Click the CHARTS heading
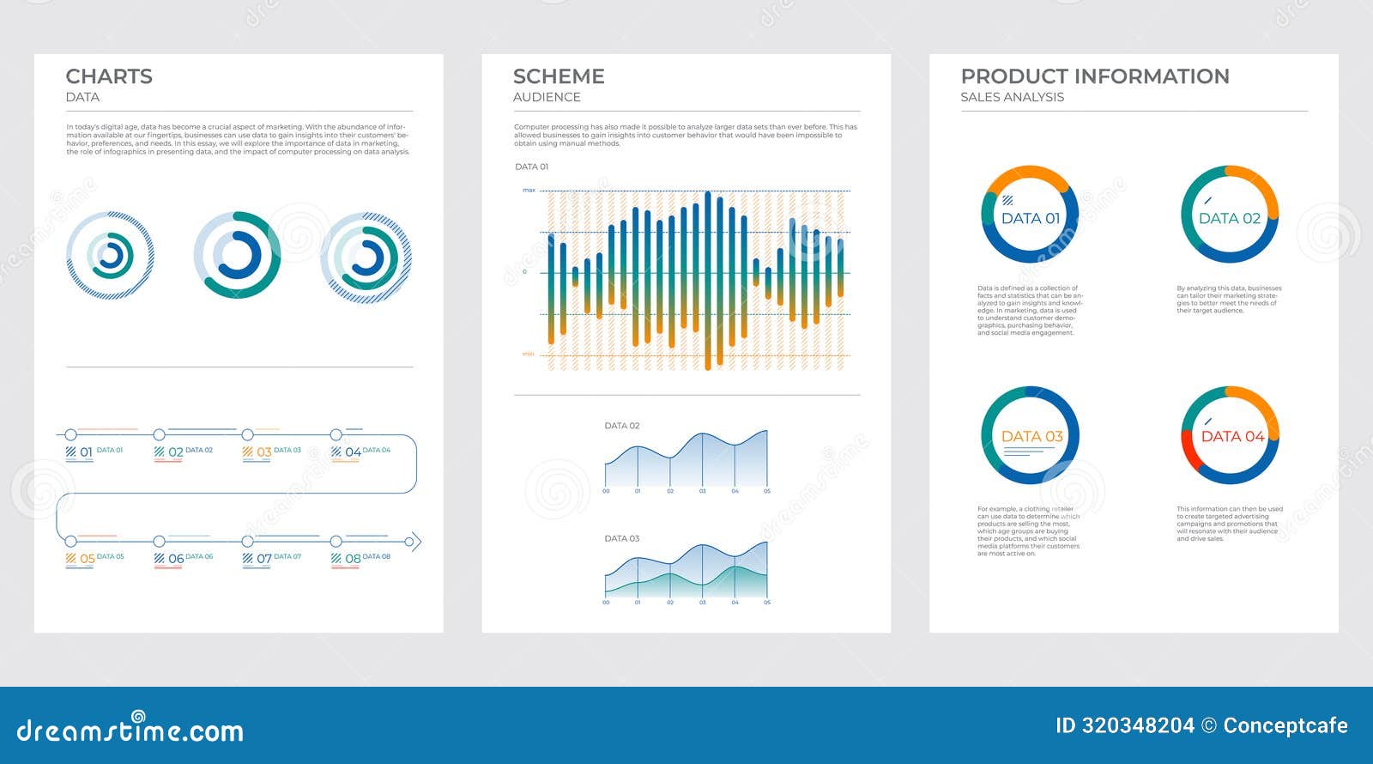(109, 76)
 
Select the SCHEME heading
(559, 76)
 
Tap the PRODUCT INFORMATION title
(1094, 76)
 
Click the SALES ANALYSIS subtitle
(1012, 97)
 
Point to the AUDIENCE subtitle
(547, 97)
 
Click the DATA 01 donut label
(1031, 218)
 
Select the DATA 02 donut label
(1230, 218)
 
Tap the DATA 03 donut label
(1031, 436)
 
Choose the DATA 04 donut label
(1232, 436)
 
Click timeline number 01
(86, 452)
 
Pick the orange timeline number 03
(263, 452)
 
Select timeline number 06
(175, 559)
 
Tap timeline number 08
(353, 559)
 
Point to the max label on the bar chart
(529, 190)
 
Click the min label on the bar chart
(529, 354)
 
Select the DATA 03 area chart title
(622, 538)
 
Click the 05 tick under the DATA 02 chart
(767, 491)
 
